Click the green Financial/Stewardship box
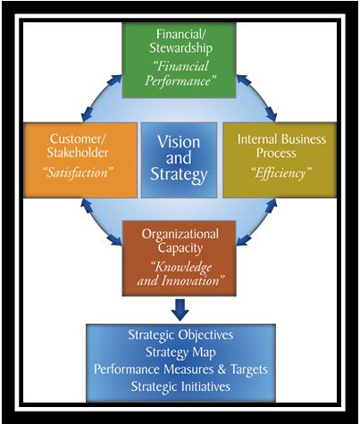coord(179,61)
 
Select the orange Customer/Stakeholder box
coord(80,161)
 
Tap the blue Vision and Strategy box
coord(179,160)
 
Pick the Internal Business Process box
coord(280,160)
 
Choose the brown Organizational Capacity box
coord(179,258)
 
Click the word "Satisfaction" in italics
coord(79,172)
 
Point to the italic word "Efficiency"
coord(281,173)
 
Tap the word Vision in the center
coord(179,142)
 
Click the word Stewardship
coord(180,48)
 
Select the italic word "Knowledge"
coord(181,268)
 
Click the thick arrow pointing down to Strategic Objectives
coord(180,310)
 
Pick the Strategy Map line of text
coord(180,353)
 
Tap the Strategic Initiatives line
coord(180,387)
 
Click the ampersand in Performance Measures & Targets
coord(222,370)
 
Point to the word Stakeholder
coord(77,153)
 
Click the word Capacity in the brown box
coord(180,248)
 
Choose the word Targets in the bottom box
coord(249,370)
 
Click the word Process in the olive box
coord(276,153)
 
